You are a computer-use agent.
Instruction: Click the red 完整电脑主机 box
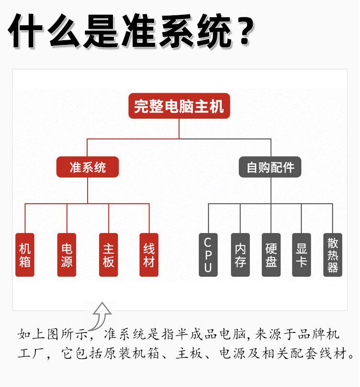179,106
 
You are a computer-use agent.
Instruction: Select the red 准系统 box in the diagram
88,167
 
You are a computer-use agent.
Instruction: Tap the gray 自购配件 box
270,167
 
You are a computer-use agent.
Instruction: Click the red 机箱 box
25,255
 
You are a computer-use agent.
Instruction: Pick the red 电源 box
67,255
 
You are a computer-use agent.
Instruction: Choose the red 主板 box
109,255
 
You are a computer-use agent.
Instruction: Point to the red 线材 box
149,255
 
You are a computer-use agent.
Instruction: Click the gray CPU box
208,255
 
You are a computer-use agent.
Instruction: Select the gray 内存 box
240,255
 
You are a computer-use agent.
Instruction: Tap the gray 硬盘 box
271,255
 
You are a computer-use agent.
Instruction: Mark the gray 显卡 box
302,255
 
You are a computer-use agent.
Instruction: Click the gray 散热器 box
333,255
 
